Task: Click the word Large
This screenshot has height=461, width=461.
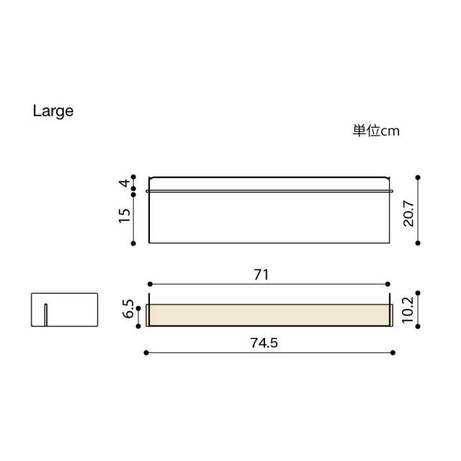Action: [53, 112]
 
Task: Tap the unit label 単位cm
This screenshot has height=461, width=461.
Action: [376, 131]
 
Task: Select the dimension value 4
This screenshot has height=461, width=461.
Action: [125, 183]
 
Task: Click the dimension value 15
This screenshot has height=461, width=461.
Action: [125, 216]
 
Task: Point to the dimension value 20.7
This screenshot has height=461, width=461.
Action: [408, 214]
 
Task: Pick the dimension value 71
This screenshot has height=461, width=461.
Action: [261, 274]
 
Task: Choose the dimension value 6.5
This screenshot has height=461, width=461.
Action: [128, 309]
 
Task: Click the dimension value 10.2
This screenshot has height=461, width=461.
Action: [408, 310]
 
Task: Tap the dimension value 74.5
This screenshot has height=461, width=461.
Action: [264, 343]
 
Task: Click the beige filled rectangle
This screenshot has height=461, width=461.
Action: [269, 315]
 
